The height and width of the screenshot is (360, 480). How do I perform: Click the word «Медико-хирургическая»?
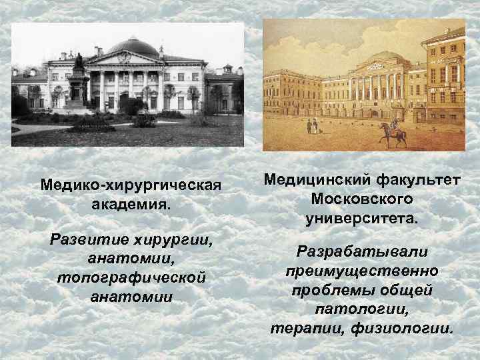click(131, 183)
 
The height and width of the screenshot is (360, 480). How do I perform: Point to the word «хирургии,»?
click(173, 239)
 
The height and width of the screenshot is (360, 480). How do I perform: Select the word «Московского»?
click(361, 199)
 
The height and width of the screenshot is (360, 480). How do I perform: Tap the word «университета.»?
click(361, 218)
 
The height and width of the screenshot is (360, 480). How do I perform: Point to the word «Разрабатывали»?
click(361, 253)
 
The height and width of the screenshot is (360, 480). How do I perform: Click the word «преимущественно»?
click(361, 271)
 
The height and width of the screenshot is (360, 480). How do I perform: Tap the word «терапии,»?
click(301, 329)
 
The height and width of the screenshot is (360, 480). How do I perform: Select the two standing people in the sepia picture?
click(311, 125)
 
